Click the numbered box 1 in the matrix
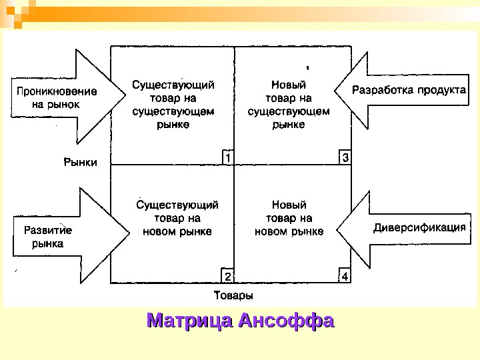[227, 157]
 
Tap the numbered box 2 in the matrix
[227, 276]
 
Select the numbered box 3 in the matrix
[345, 157]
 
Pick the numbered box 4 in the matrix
[345, 276]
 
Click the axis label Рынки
[81, 162]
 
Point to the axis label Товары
[233, 295]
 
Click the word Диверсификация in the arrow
[419, 227]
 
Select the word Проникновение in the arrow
[56, 92]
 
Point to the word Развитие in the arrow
[47, 231]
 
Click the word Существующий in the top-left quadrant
[173, 85]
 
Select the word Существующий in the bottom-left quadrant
[177, 205]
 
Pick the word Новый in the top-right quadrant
[289, 85]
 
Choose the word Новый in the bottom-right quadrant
[289, 205]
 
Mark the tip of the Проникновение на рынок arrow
[126, 97]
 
